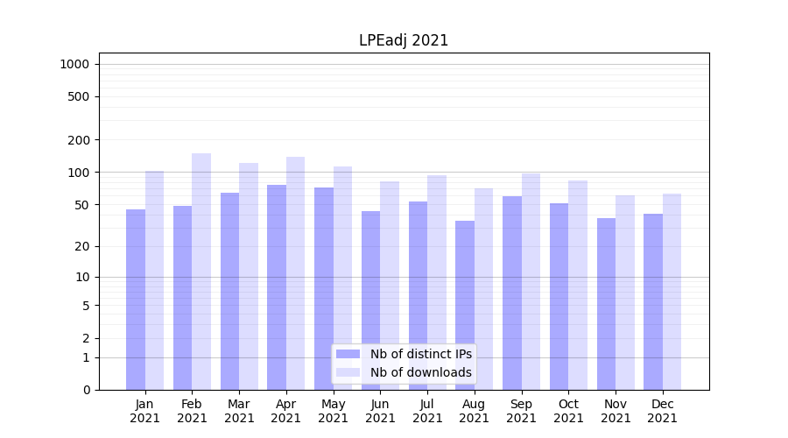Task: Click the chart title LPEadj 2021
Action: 404,40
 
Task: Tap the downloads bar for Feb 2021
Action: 201,272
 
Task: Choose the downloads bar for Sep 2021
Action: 531,281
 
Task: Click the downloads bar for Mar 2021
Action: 249,276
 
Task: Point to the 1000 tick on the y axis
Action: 74,64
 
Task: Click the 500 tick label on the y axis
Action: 79,96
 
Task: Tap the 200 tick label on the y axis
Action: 79,140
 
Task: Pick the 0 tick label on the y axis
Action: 86,390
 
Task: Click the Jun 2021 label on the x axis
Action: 380,411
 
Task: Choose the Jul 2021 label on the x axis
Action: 427,411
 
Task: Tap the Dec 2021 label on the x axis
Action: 663,411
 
